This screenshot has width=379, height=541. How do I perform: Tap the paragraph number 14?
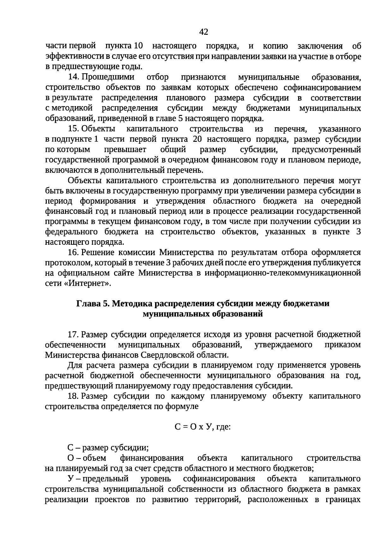[x=73, y=77]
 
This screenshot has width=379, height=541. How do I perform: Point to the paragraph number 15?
[x=73, y=129]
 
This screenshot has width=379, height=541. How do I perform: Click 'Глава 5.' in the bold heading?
[x=93, y=304]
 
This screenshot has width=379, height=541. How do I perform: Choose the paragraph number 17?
[x=73, y=334]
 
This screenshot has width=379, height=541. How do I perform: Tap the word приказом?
[x=343, y=345]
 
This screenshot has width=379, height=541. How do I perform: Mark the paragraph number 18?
[x=73, y=396]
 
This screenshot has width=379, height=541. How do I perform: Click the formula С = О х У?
[x=194, y=427]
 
